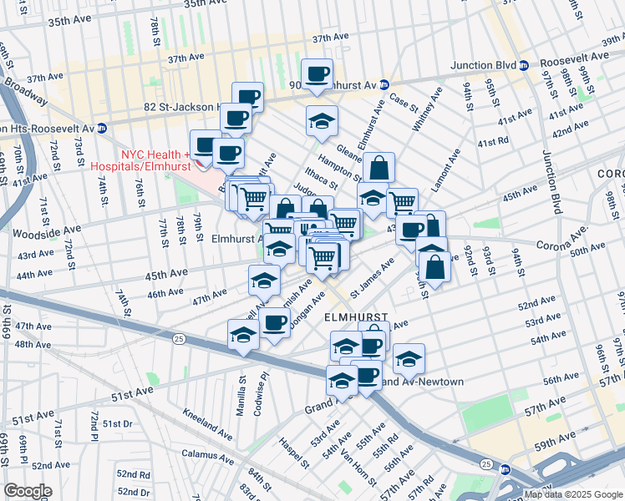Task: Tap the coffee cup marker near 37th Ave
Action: [x=317, y=74]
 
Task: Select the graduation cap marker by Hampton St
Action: [x=322, y=121]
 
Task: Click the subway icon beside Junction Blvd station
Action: [x=523, y=65]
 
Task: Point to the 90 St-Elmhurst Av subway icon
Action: [x=383, y=84]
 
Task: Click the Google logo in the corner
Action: [x=28, y=490]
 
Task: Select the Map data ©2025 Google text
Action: [x=572, y=494]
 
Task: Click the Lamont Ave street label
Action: [x=445, y=171]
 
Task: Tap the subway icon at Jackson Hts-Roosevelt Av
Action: [x=101, y=128]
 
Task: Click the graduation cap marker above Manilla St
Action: [x=243, y=333]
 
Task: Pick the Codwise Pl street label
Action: [x=264, y=389]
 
